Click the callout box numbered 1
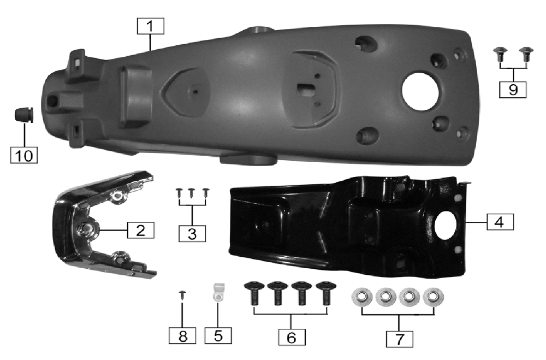click(151, 26)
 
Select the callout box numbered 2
click(141, 231)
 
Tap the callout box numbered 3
click(192, 234)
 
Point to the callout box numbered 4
click(500, 222)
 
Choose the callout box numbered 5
click(218, 335)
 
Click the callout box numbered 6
click(292, 337)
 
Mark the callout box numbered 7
click(400, 339)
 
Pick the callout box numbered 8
click(182, 335)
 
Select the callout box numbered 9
click(513, 90)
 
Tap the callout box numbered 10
click(24, 155)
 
